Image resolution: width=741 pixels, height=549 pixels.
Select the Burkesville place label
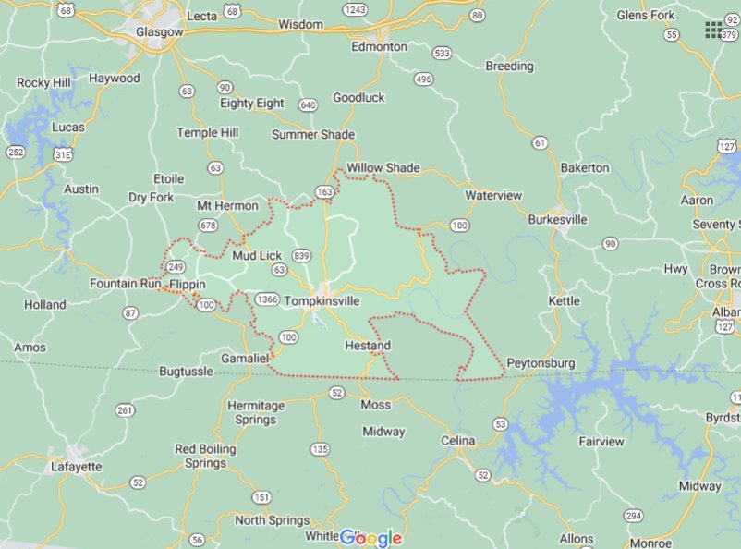pyautogui.click(x=557, y=220)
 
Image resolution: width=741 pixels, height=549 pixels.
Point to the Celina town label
pyautogui.click(x=458, y=441)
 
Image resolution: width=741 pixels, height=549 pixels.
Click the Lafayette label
pyautogui.click(x=77, y=467)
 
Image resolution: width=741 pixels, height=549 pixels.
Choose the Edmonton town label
pyautogui.click(x=379, y=46)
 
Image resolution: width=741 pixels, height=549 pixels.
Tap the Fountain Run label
pyautogui.click(x=126, y=283)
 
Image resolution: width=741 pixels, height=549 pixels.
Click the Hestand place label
pyautogui.click(x=367, y=346)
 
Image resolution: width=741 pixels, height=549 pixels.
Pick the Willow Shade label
pyautogui.click(x=383, y=168)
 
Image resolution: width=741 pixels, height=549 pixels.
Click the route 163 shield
pyautogui.click(x=324, y=191)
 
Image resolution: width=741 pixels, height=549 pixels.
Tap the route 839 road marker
pyautogui.click(x=301, y=255)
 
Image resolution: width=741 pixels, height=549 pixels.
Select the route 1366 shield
pyautogui.click(x=268, y=299)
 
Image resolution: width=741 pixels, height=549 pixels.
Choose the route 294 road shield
pyautogui.click(x=633, y=515)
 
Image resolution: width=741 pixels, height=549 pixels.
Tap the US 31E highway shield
pyautogui.click(x=63, y=155)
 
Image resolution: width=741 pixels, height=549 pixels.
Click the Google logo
pyautogui.click(x=370, y=538)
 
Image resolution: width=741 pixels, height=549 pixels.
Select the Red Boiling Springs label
pyautogui.click(x=205, y=456)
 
